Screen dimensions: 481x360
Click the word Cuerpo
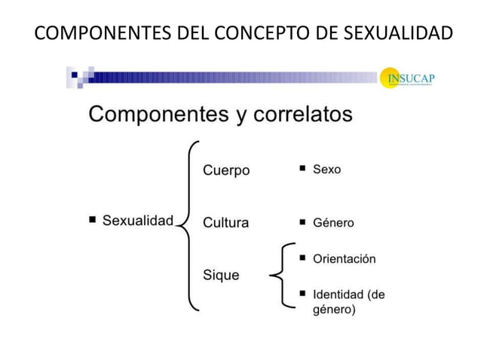[225, 170]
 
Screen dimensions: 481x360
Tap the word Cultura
[225, 222]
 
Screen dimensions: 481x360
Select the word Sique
[221, 275]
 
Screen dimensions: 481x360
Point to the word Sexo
[326, 169]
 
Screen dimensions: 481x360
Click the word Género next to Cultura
[333, 223]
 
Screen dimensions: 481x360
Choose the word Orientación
[344, 258]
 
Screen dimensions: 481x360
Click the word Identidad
[339, 294]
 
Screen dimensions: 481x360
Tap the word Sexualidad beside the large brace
[138, 221]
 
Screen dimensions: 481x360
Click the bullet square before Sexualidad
[92, 220]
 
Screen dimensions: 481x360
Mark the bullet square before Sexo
[302, 168]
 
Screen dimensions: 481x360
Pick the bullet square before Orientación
[302, 258]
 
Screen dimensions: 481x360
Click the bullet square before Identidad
[302, 292]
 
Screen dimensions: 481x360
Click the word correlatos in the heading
[302, 115]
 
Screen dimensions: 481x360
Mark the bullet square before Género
[302, 222]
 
